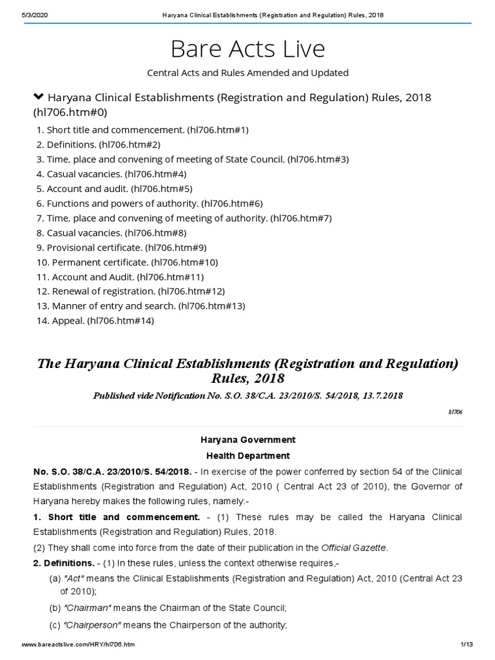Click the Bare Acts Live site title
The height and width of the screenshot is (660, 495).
[247, 48]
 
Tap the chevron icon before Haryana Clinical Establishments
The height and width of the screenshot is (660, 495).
[38, 97]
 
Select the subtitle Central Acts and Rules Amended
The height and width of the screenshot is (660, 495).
[247, 73]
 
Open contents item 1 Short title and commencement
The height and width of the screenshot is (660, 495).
[142, 130]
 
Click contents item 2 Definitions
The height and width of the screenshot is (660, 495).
[99, 144]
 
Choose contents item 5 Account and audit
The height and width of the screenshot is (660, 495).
[115, 189]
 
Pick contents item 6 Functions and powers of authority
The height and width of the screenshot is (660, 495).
[150, 203]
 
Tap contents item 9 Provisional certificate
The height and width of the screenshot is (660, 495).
[122, 247]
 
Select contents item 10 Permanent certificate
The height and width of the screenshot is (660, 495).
[128, 262]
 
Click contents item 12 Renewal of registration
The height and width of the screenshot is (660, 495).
[131, 291]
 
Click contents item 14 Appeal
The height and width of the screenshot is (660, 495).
[95, 320]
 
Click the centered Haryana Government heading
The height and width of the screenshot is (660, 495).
[247, 440]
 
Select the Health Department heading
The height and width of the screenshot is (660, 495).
[247, 455]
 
